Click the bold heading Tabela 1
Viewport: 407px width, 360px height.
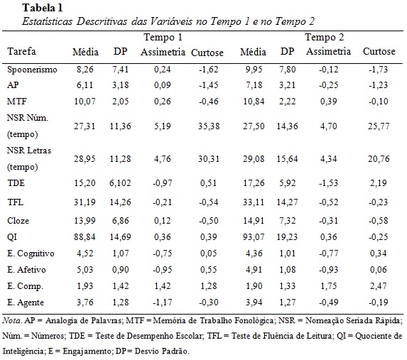click(x=43, y=8)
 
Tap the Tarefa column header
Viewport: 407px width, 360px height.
click(x=21, y=51)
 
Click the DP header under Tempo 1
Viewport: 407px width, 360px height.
click(x=121, y=51)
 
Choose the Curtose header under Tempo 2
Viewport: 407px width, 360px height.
click(x=379, y=51)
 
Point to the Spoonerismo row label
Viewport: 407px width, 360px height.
click(x=32, y=70)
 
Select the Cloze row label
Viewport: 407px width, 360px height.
click(x=18, y=221)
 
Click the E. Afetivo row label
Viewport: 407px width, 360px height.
click(x=26, y=270)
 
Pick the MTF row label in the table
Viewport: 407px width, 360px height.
click(x=17, y=102)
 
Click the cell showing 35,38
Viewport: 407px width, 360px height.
click(x=209, y=126)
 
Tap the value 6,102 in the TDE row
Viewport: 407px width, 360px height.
click(x=120, y=183)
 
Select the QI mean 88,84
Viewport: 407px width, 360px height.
click(x=85, y=237)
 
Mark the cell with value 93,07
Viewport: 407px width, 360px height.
click(x=254, y=237)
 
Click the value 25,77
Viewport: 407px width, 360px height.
click(x=379, y=126)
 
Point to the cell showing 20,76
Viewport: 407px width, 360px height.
click(x=379, y=158)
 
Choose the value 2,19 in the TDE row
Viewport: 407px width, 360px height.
click(x=379, y=183)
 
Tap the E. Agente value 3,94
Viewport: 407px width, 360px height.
click(x=254, y=302)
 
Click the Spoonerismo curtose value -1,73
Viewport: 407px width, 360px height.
click(x=378, y=70)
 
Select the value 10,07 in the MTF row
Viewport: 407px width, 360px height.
click(x=85, y=102)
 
